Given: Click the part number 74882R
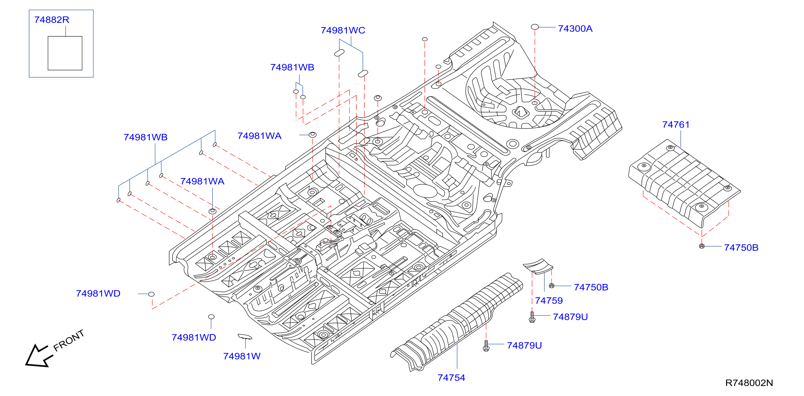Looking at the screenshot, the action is click(x=51, y=20).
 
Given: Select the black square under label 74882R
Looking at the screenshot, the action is click(x=65, y=53).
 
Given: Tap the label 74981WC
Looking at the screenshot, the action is click(x=343, y=30).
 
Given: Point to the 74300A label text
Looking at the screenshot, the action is click(x=575, y=29).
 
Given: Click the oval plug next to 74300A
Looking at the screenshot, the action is click(x=535, y=27).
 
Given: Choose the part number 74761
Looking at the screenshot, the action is click(x=676, y=125).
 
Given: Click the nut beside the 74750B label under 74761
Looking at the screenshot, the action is click(x=701, y=246).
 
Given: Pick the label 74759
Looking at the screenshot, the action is click(x=549, y=300).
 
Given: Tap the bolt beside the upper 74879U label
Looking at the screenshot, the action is click(x=532, y=317).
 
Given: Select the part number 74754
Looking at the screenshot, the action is click(x=451, y=378).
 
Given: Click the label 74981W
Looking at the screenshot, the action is click(x=242, y=356).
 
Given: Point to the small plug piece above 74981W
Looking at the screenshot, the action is click(x=245, y=336).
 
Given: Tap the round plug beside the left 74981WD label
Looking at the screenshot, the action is click(x=151, y=294).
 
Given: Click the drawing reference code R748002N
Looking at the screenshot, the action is click(x=749, y=383).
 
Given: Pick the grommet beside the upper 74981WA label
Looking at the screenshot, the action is click(x=312, y=134).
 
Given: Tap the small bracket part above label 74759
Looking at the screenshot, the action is click(x=538, y=266).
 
